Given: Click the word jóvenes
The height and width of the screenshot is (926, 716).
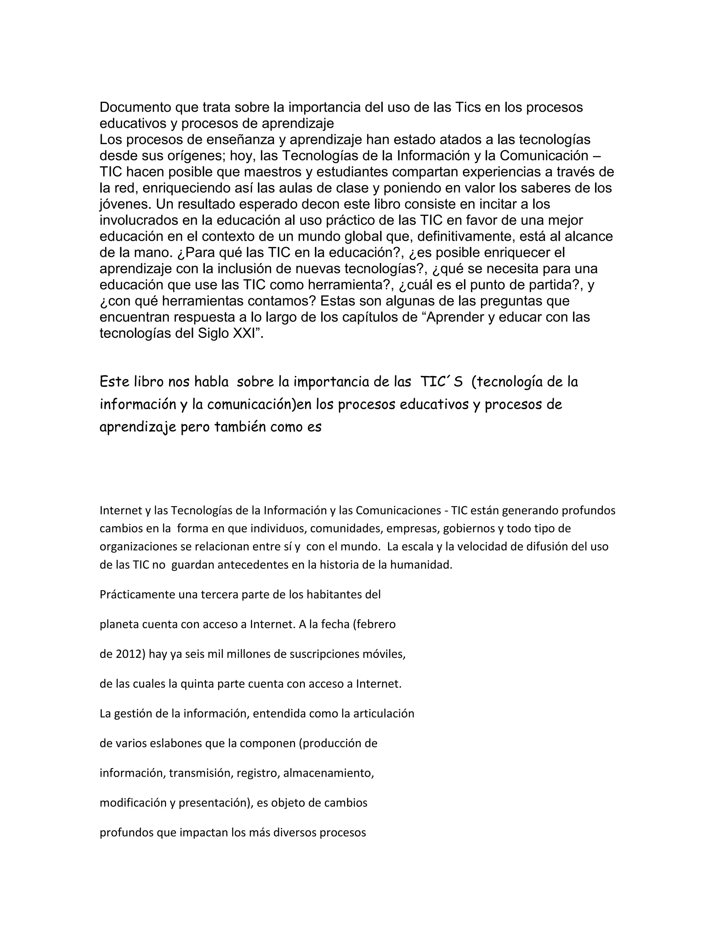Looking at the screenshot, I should point(125,204).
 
